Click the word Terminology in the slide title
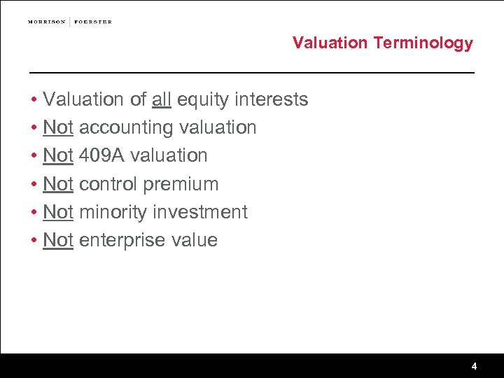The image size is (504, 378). [x=423, y=43]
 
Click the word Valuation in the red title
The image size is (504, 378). [x=330, y=43]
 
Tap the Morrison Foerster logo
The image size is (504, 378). [x=69, y=22]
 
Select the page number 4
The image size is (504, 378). [x=474, y=366]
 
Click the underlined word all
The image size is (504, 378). [x=161, y=99]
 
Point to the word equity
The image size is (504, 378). [x=202, y=100]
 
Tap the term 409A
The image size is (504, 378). [x=101, y=155]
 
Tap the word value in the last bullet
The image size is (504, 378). [x=193, y=240]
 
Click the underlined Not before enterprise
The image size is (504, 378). [x=58, y=240]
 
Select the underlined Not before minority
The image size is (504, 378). [x=58, y=212]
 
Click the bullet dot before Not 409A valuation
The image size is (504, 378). [x=34, y=156]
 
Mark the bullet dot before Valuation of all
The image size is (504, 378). [x=34, y=100]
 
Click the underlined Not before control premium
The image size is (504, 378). [x=58, y=184]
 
